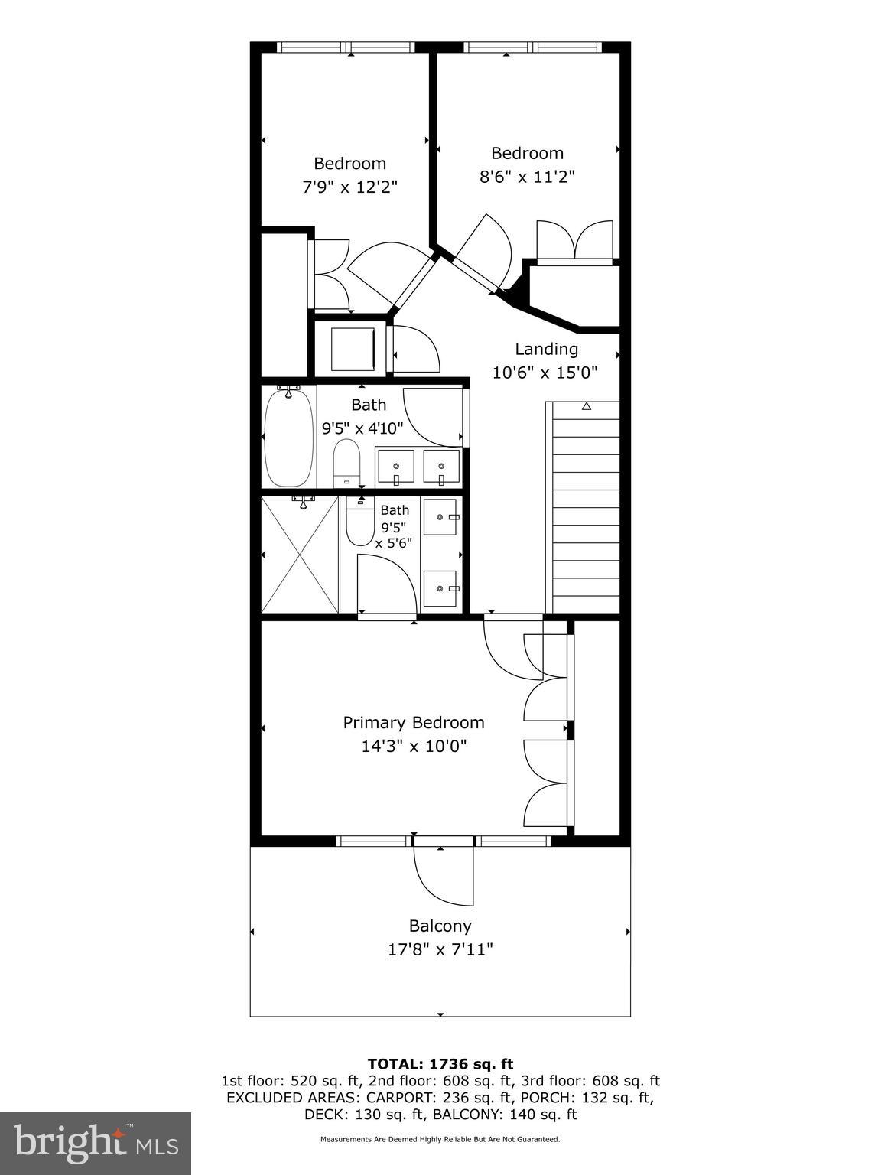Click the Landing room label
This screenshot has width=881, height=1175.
pyautogui.click(x=546, y=349)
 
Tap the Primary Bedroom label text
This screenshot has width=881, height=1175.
pyautogui.click(x=414, y=723)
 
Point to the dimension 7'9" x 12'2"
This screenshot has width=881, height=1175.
pyautogui.click(x=349, y=187)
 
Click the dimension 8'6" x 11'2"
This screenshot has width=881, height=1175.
pyautogui.click(x=527, y=177)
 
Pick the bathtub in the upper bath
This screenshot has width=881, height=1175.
pyautogui.click(x=289, y=438)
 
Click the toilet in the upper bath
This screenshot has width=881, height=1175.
pyautogui.click(x=346, y=464)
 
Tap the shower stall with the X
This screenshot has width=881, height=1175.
pyautogui.click(x=300, y=554)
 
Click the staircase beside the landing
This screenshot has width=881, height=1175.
pyautogui.click(x=583, y=507)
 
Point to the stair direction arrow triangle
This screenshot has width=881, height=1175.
pyautogui.click(x=587, y=406)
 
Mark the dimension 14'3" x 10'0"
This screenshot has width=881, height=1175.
pyautogui.click(x=414, y=746)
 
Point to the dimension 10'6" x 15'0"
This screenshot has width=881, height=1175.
pyautogui.click(x=545, y=372)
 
